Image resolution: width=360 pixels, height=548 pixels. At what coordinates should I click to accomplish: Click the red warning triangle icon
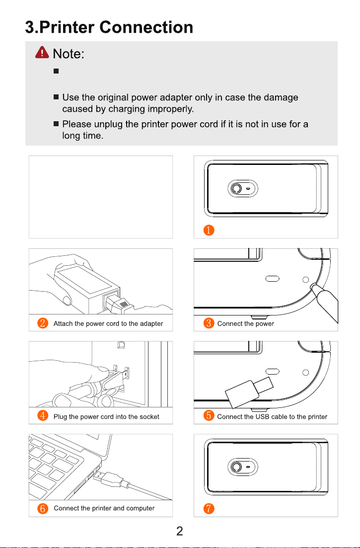42,52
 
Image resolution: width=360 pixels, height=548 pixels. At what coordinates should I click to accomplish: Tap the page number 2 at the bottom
179,531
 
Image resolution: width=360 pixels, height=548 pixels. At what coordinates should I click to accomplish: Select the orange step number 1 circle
209,231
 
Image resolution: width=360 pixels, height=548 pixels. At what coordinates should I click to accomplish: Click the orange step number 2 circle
43,323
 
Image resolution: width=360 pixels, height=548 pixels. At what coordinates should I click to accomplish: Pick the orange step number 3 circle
209,323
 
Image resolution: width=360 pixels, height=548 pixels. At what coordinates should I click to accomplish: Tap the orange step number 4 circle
43,415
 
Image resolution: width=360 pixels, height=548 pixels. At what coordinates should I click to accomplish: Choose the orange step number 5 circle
209,415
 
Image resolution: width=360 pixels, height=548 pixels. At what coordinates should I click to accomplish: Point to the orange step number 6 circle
43,508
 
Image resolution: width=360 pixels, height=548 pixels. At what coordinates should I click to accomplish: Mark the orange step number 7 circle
209,509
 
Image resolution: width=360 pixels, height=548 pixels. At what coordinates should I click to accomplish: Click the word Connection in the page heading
146,27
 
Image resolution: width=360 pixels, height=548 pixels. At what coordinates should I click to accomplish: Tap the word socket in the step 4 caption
149,417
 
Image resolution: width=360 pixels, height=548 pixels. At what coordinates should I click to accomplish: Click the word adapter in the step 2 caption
151,324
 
